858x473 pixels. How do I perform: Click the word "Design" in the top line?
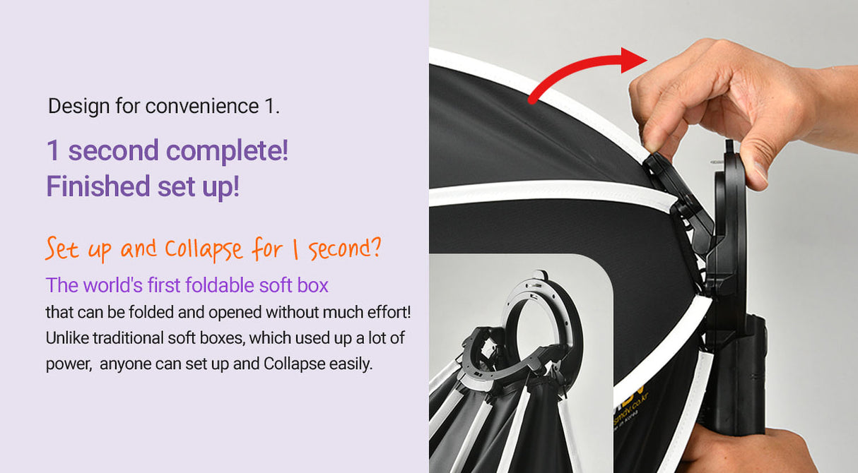78,107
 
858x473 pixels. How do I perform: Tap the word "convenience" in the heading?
202,106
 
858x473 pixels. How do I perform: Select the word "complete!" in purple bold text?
227,151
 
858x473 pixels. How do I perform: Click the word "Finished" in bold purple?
98,186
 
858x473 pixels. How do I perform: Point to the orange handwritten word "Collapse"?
204,249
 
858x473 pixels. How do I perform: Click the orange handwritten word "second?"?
345,248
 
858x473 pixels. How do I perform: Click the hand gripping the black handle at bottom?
747,450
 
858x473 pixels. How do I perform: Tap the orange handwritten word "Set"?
61,249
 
